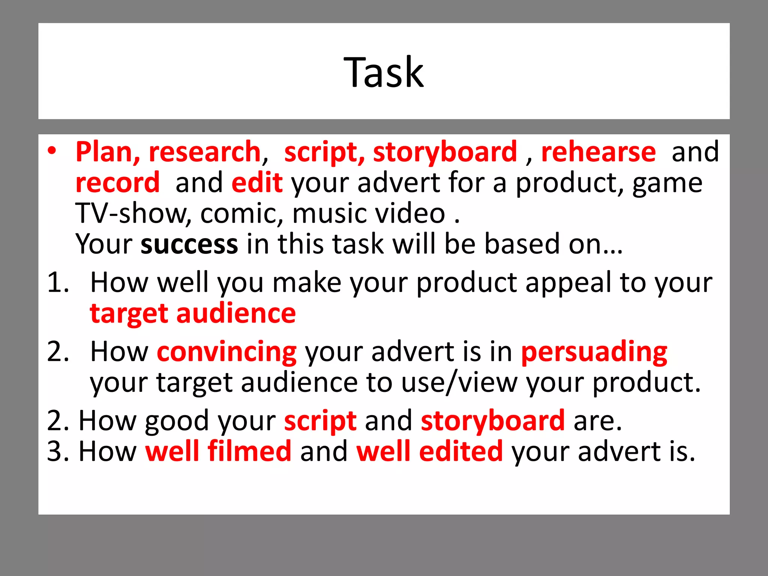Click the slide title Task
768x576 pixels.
point(384,72)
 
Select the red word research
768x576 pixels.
point(205,152)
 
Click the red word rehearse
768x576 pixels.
point(598,152)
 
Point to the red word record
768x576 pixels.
point(118,183)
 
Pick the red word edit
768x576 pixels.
point(257,183)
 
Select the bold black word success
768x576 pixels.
point(189,244)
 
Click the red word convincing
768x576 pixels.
point(226,352)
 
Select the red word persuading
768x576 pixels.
point(594,352)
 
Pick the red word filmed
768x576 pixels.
point(249,451)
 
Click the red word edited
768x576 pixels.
point(460,451)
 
